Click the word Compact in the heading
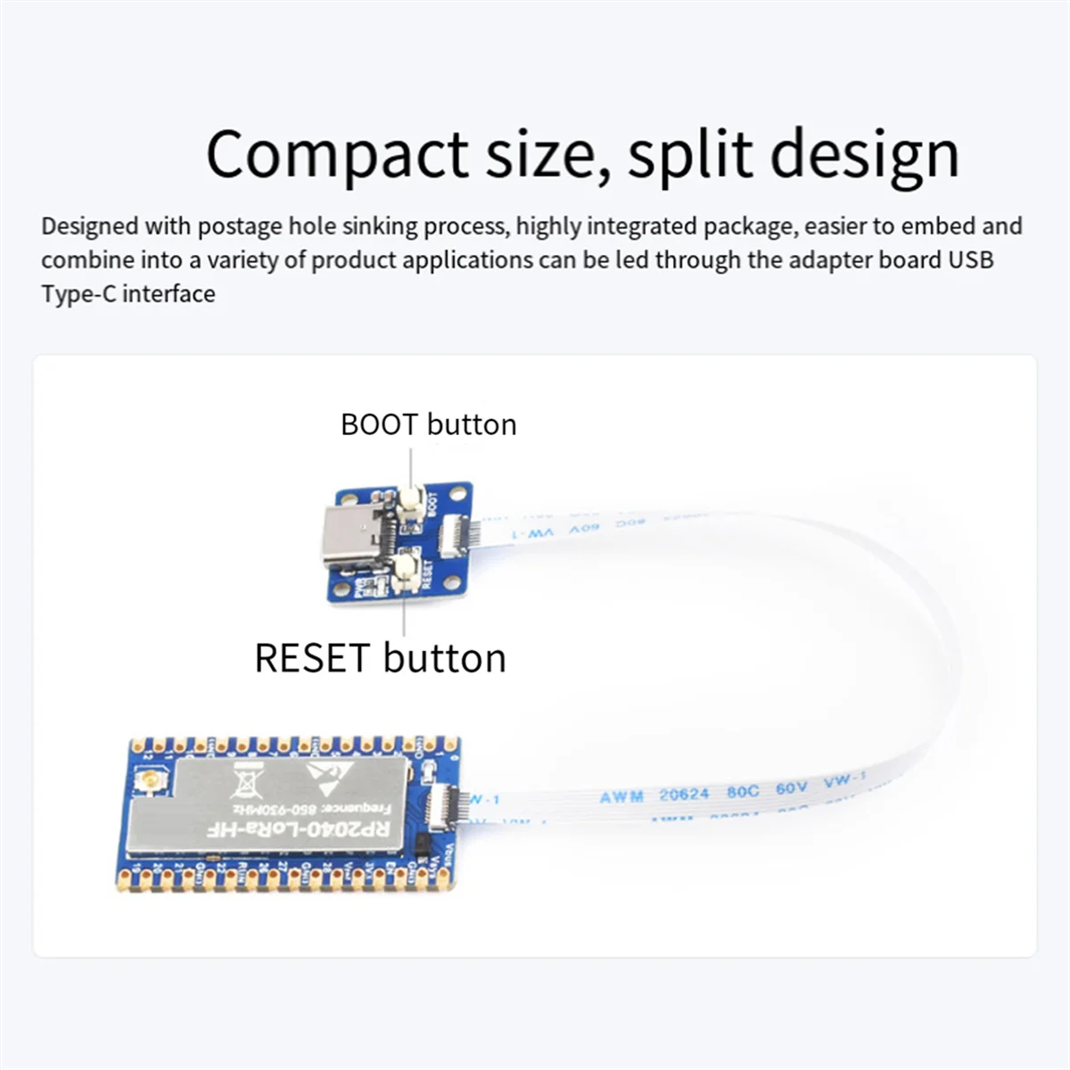click(336, 154)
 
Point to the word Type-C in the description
click(78, 293)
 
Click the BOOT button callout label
click(428, 424)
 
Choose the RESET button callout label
click(380, 658)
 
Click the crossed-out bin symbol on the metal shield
click(243, 784)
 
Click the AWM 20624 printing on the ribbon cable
click(654, 794)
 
